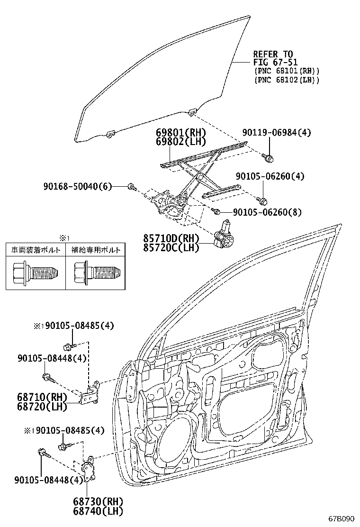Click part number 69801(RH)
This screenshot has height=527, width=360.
click(x=180, y=133)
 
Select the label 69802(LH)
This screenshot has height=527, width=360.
click(x=180, y=142)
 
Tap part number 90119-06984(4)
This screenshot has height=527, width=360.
click(x=277, y=132)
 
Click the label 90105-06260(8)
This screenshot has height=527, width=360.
click(x=267, y=212)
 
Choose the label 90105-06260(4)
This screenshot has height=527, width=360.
click(x=270, y=176)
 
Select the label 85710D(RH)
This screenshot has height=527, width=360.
click(x=171, y=238)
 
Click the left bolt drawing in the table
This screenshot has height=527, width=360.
click(x=35, y=272)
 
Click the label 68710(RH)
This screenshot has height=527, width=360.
click(x=42, y=397)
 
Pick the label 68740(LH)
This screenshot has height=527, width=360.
click(x=98, y=511)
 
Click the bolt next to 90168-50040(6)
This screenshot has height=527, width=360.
click(x=132, y=187)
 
